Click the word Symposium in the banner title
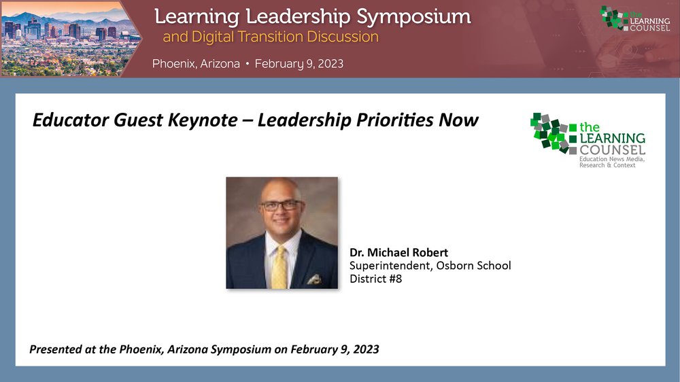(413, 18)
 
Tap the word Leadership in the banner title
(298, 18)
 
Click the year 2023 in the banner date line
(330, 64)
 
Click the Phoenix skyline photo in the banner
(69, 39)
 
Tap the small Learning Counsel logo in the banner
(635, 18)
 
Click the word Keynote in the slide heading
(203, 120)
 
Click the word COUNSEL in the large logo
(613, 150)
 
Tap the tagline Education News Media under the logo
(612, 159)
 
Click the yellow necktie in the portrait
(279, 268)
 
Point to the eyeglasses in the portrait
(280, 205)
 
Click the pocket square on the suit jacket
(314, 279)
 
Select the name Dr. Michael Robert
(398, 252)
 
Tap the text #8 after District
(395, 279)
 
